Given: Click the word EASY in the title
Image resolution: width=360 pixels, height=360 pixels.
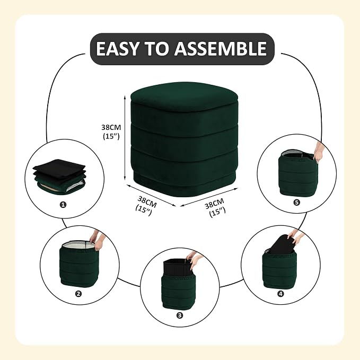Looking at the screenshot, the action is click(x=117, y=48).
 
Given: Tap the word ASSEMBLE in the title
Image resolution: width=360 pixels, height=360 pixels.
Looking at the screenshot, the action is click(x=221, y=48).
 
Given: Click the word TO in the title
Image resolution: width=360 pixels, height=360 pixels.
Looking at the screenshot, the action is click(x=156, y=48).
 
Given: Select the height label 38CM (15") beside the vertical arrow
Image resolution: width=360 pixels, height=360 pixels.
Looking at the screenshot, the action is click(x=111, y=132).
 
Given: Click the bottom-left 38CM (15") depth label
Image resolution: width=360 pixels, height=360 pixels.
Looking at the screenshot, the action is click(x=146, y=205).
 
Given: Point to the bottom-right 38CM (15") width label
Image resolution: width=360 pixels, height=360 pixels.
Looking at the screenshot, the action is click(x=216, y=207).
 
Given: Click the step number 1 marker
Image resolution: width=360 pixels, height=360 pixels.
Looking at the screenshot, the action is click(x=63, y=205).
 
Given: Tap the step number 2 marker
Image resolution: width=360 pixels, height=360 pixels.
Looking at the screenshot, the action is click(x=78, y=294).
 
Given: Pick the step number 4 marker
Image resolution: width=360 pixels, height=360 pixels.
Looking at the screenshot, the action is click(x=280, y=294).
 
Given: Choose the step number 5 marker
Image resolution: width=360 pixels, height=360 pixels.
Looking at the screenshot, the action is click(x=296, y=203).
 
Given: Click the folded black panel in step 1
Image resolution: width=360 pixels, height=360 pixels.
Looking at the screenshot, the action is click(x=59, y=168).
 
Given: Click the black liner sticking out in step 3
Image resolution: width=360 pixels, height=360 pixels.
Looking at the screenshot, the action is click(x=178, y=268).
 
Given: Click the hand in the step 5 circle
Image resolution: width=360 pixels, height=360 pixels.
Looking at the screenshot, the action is click(x=319, y=152).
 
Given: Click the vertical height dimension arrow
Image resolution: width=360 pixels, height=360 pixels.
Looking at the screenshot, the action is click(x=125, y=138).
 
